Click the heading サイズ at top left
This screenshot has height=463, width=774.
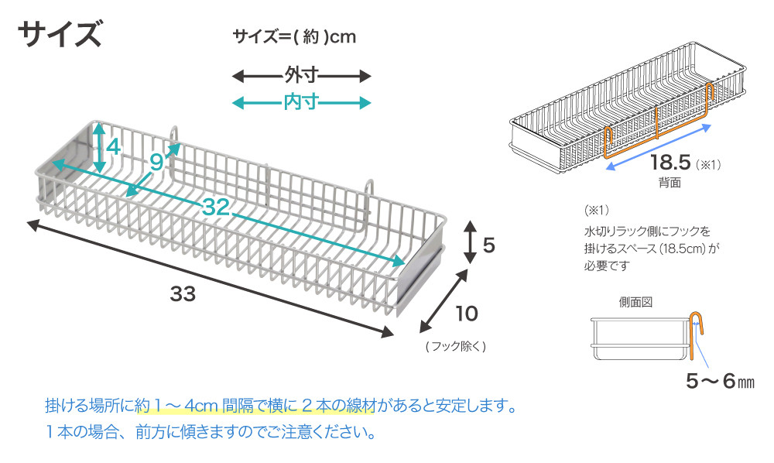pos(59,35)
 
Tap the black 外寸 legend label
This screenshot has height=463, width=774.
pos(303,76)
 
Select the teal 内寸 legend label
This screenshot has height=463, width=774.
pos(303,102)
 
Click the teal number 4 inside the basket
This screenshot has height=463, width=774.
pos(114,146)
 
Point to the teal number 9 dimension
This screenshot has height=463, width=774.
pos(156,162)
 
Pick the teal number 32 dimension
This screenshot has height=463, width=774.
pos(219,207)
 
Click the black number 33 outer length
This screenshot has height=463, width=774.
pos(183,294)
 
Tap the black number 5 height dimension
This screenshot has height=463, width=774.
pos(488,245)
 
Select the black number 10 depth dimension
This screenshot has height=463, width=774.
pos(466,314)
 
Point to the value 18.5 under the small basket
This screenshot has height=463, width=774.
pos(670,164)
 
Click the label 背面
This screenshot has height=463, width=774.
pos(670,183)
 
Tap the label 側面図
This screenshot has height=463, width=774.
pos(635,302)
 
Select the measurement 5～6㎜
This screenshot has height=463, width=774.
pos(720,381)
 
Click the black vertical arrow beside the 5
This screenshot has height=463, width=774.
pos(470,242)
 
